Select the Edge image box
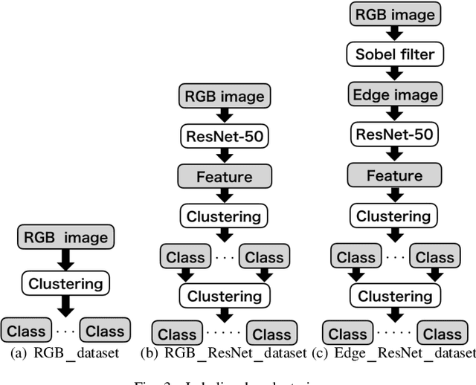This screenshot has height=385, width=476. pyautogui.click(x=394, y=94)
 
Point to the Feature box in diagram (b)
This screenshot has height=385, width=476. pyautogui.click(x=224, y=177)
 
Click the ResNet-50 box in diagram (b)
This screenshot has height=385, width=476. pyautogui.click(x=224, y=136)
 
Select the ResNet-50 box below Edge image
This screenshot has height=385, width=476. pyautogui.click(x=394, y=136)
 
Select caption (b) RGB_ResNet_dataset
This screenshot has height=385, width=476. pyautogui.click(x=224, y=353)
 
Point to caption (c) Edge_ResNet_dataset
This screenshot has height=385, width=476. pyautogui.click(x=394, y=353)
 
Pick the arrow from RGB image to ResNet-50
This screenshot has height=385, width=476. pyautogui.click(x=224, y=115)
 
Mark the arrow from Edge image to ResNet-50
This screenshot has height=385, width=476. pyautogui.click(x=394, y=115)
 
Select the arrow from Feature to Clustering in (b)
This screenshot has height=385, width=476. pyautogui.click(x=224, y=196)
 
